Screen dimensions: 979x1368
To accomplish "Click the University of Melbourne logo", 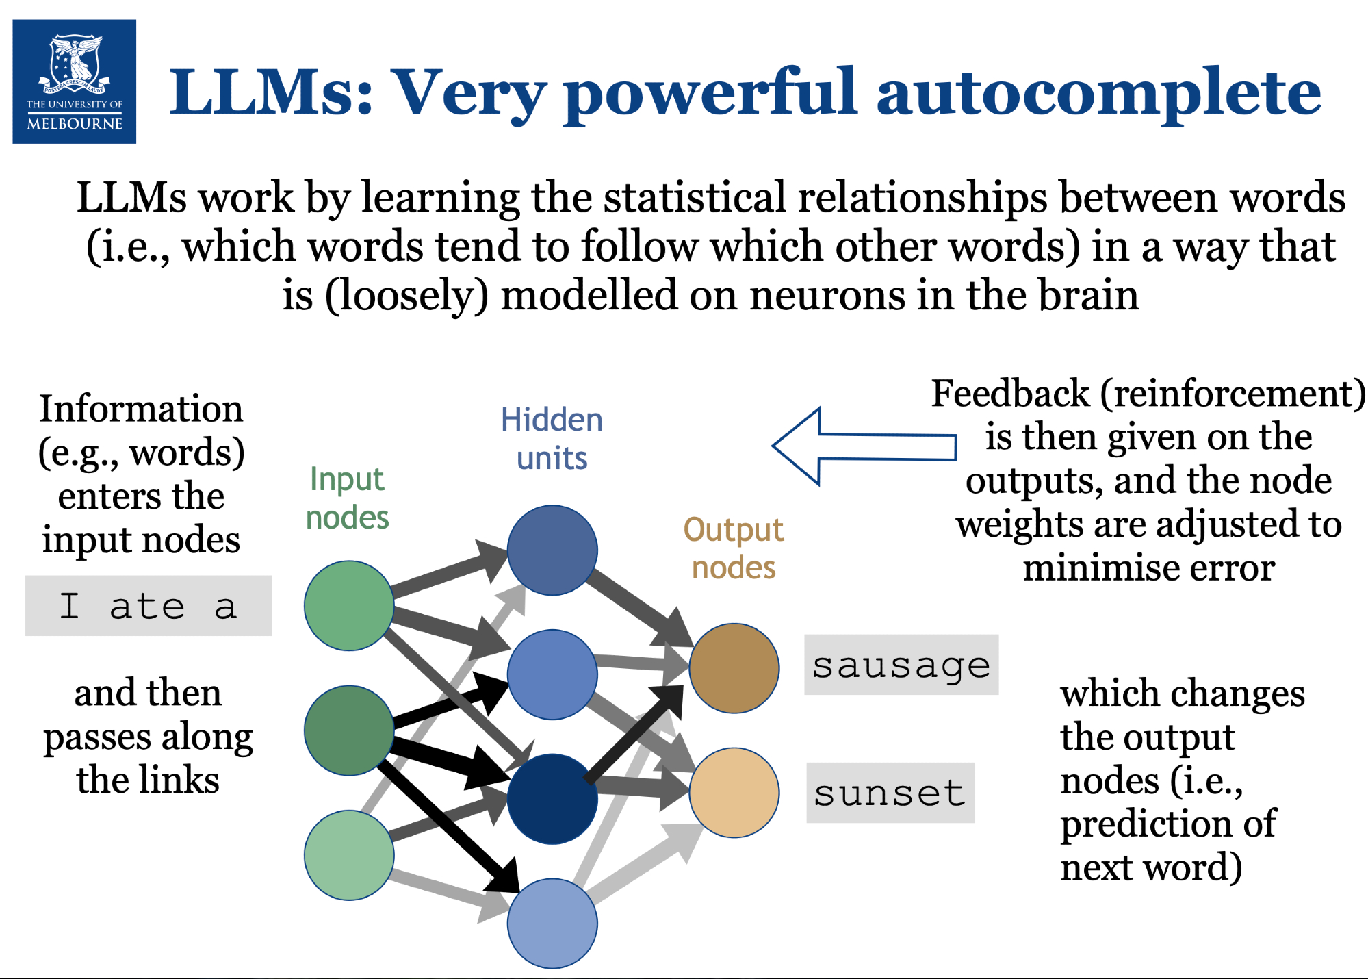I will click(x=74, y=81).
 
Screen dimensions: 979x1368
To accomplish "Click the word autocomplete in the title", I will click(x=1098, y=92).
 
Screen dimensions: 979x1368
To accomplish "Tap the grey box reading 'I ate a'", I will click(x=148, y=606).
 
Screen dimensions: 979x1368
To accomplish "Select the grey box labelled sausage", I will click(x=901, y=665).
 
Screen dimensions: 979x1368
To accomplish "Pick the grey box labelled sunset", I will click(x=890, y=793).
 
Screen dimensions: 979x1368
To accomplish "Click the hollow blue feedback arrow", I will click(x=864, y=446).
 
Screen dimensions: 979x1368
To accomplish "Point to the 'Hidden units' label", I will click(x=552, y=438).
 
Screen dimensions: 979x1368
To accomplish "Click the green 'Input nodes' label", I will click(x=347, y=498).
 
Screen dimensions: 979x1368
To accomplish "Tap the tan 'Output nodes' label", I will click(x=734, y=548).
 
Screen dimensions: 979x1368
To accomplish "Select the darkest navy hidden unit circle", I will click(x=552, y=799).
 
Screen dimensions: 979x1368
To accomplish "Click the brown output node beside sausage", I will click(x=734, y=668).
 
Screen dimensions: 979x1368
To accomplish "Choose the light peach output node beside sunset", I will click(x=734, y=793).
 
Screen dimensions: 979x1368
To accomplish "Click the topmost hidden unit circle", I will click(x=552, y=550).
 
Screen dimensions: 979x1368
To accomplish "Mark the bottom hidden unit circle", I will click(x=552, y=924).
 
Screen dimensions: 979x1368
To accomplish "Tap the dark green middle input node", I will click(x=349, y=730).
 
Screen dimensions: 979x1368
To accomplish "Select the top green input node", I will click(x=349, y=606).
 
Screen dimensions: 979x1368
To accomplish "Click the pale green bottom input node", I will click(x=349, y=855).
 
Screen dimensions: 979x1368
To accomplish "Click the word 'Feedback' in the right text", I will click(x=1010, y=394).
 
